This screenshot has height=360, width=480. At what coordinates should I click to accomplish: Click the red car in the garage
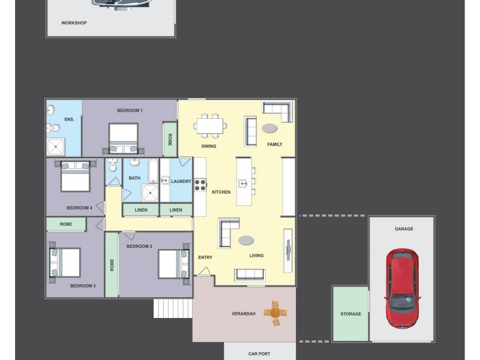click(x=402, y=289)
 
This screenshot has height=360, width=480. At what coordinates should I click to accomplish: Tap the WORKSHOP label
click(x=74, y=23)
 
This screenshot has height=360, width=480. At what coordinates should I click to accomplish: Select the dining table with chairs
click(x=210, y=125)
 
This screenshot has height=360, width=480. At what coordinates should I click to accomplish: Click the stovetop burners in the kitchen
click(x=200, y=185)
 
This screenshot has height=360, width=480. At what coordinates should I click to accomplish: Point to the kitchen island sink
click(x=243, y=184)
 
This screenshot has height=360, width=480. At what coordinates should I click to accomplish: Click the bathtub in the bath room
click(x=154, y=171)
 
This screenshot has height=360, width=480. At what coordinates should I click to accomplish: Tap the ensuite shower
click(x=56, y=146)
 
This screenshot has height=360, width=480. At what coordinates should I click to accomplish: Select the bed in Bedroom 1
click(x=124, y=139)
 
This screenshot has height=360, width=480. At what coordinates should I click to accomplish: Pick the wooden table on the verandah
click(x=275, y=313)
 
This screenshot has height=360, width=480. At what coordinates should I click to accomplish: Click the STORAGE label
click(x=351, y=314)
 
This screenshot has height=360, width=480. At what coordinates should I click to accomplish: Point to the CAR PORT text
click(x=259, y=353)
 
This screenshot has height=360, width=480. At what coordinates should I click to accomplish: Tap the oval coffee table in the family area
click(x=269, y=128)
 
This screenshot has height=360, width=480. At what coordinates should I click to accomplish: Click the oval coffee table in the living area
click(x=246, y=241)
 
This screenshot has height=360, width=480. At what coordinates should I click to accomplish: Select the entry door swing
click(x=204, y=271)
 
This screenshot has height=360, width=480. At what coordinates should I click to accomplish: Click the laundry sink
click(x=165, y=180)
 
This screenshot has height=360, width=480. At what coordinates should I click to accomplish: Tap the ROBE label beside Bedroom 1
click(x=170, y=139)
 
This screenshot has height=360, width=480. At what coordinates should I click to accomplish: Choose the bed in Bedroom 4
click(x=76, y=176)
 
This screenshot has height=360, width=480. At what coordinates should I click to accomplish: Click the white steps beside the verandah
click(x=173, y=308)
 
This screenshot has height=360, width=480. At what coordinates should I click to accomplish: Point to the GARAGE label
click(x=404, y=229)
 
